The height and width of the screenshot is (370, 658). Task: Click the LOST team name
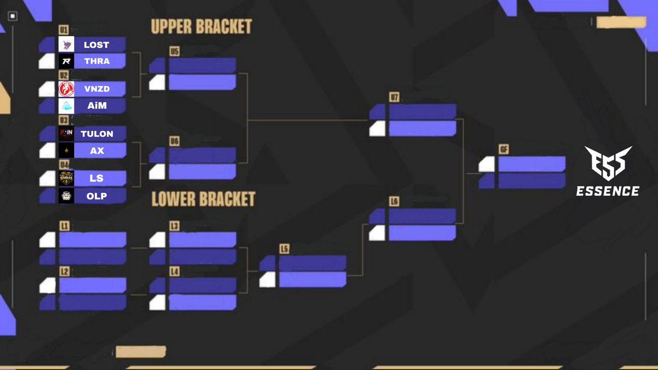pyautogui.click(x=97, y=45)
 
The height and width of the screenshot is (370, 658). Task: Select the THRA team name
pyautogui.click(x=97, y=61)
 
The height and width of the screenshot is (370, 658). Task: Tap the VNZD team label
pyautogui.click(x=97, y=89)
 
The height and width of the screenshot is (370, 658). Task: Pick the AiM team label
pyautogui.click(x=97, y=106)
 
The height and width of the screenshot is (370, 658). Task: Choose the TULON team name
pyautogui.click(x=97, y=134)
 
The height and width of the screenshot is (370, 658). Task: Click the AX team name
pyautogui.click(x=97, y=150)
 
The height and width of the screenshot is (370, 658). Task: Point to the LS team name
pyautogui.click(x=97, y=178)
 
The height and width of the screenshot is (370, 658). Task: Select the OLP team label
pyautogui.click(x=97, y=196)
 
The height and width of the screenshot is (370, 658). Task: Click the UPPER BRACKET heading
pyautogui.click(x=201, y=26)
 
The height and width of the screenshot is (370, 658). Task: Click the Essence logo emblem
pyautogui.click(x=608, y=163)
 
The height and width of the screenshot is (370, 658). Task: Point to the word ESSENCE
pyautogui.click(x=608, y=191)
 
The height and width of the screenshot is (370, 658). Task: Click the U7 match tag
pyautogui.click(x=395, y=97)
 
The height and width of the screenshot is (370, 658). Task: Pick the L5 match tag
pyautogui.click(x=284, y=249)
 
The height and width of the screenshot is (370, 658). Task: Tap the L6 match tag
pyautogui.click(x=394, y=202)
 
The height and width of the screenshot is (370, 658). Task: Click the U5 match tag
pyautogui.click(x=174, y=52)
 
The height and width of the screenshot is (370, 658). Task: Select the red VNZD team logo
pyautogui.click(x=66, y=89)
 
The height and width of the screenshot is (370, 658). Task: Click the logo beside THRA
pyautogui.click(x=66, y=61)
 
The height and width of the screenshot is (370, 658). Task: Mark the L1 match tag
pyautogui.click(x=65, y=225)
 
